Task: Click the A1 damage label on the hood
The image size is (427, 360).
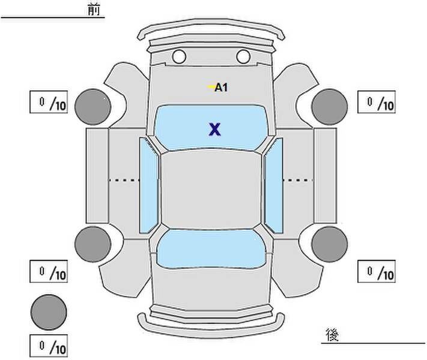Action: pos(222,88)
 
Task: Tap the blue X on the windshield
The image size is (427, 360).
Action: pos(214,129)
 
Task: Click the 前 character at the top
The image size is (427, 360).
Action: pos(94,10)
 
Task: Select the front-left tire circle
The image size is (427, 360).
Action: pos(93,106)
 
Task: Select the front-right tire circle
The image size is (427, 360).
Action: pos(330,106)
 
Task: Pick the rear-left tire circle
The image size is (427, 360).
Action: pos(93,243)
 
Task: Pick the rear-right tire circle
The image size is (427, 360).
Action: pos(330,244)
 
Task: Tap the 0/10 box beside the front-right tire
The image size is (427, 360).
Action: pos(377,103)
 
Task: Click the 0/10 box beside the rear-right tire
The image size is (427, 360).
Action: pos(377,272)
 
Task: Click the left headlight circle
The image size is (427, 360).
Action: pos(179,57)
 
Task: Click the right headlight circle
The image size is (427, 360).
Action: pos(243,57)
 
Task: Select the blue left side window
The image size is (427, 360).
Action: pos(148,185)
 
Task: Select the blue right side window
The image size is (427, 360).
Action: pos(274,185)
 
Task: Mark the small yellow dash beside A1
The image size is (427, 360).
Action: pos(211,88)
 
